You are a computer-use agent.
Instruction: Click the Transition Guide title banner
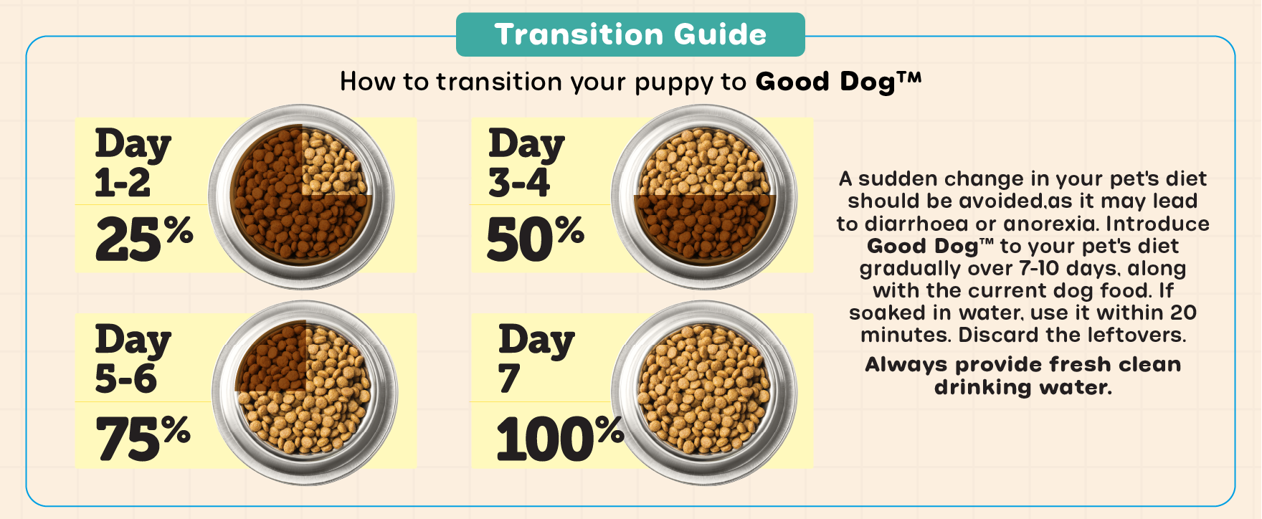630,34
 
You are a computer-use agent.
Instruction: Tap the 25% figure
144,238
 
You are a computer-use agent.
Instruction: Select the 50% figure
536,238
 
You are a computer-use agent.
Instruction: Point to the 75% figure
143,437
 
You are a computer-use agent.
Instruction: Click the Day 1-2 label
133,163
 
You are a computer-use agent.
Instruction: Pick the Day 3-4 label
526,163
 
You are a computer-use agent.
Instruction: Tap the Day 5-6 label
133,358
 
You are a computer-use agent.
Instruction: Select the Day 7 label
536,358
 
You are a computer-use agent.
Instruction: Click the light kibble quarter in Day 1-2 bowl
333,162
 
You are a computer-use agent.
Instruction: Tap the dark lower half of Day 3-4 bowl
704,227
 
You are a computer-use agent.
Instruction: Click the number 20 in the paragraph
1183,313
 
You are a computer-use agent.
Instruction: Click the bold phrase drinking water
1023,387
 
